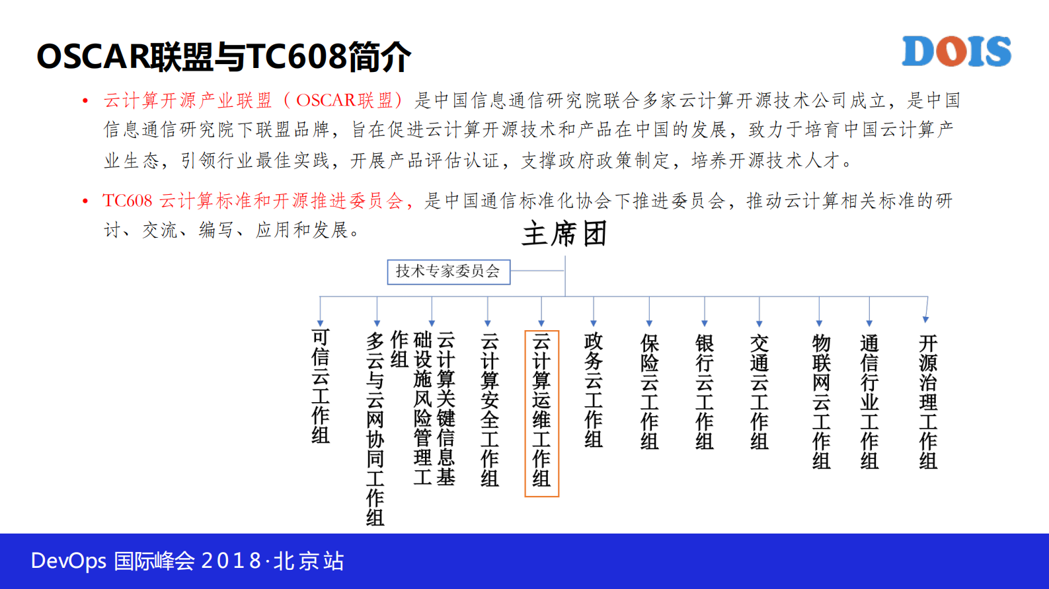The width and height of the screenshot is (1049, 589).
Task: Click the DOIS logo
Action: tap(956, 52)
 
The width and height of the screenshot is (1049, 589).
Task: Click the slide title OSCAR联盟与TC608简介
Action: tap(223, 57)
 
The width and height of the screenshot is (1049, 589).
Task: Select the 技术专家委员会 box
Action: tap(448, 271)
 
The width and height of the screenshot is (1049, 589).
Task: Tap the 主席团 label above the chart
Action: tap(564, 234)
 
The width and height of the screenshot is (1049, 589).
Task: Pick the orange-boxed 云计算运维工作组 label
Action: tap(541, 413)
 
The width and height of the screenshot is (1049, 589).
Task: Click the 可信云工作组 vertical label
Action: tap(321, 386)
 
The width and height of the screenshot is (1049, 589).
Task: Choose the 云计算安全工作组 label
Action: tap(489, 410)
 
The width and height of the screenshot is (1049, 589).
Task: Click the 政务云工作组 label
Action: tap(593, 390)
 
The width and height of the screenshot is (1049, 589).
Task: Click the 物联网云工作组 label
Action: tap(820, 401)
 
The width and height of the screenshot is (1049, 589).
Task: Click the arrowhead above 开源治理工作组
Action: tap(925, 320)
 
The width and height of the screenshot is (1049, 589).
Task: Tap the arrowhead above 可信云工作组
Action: tap(321, 323)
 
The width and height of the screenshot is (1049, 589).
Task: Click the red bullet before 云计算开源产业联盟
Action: tap(85, 101)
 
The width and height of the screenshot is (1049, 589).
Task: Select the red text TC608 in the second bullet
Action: tap(128, 201)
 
